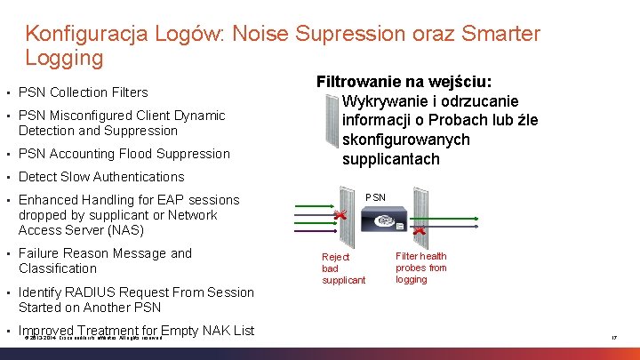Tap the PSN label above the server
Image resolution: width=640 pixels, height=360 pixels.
tap(376, 196)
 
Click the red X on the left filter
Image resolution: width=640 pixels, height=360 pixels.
tap(339, 216)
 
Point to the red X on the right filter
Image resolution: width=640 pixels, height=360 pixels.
tap(419, 231)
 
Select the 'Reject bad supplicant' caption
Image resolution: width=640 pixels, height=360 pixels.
tap(343, 268)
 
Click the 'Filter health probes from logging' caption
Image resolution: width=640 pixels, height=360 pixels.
tap(421, 268)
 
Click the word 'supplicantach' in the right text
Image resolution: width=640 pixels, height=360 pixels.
tap(390, 159)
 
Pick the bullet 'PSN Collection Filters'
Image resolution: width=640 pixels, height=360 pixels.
tap(83, 92)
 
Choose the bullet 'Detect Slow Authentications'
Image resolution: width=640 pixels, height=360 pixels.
tap(101, 177)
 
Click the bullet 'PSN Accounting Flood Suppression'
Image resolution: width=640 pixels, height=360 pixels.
tap(124, 154)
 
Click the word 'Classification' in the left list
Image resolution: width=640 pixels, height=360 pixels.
tap(58, 268)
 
